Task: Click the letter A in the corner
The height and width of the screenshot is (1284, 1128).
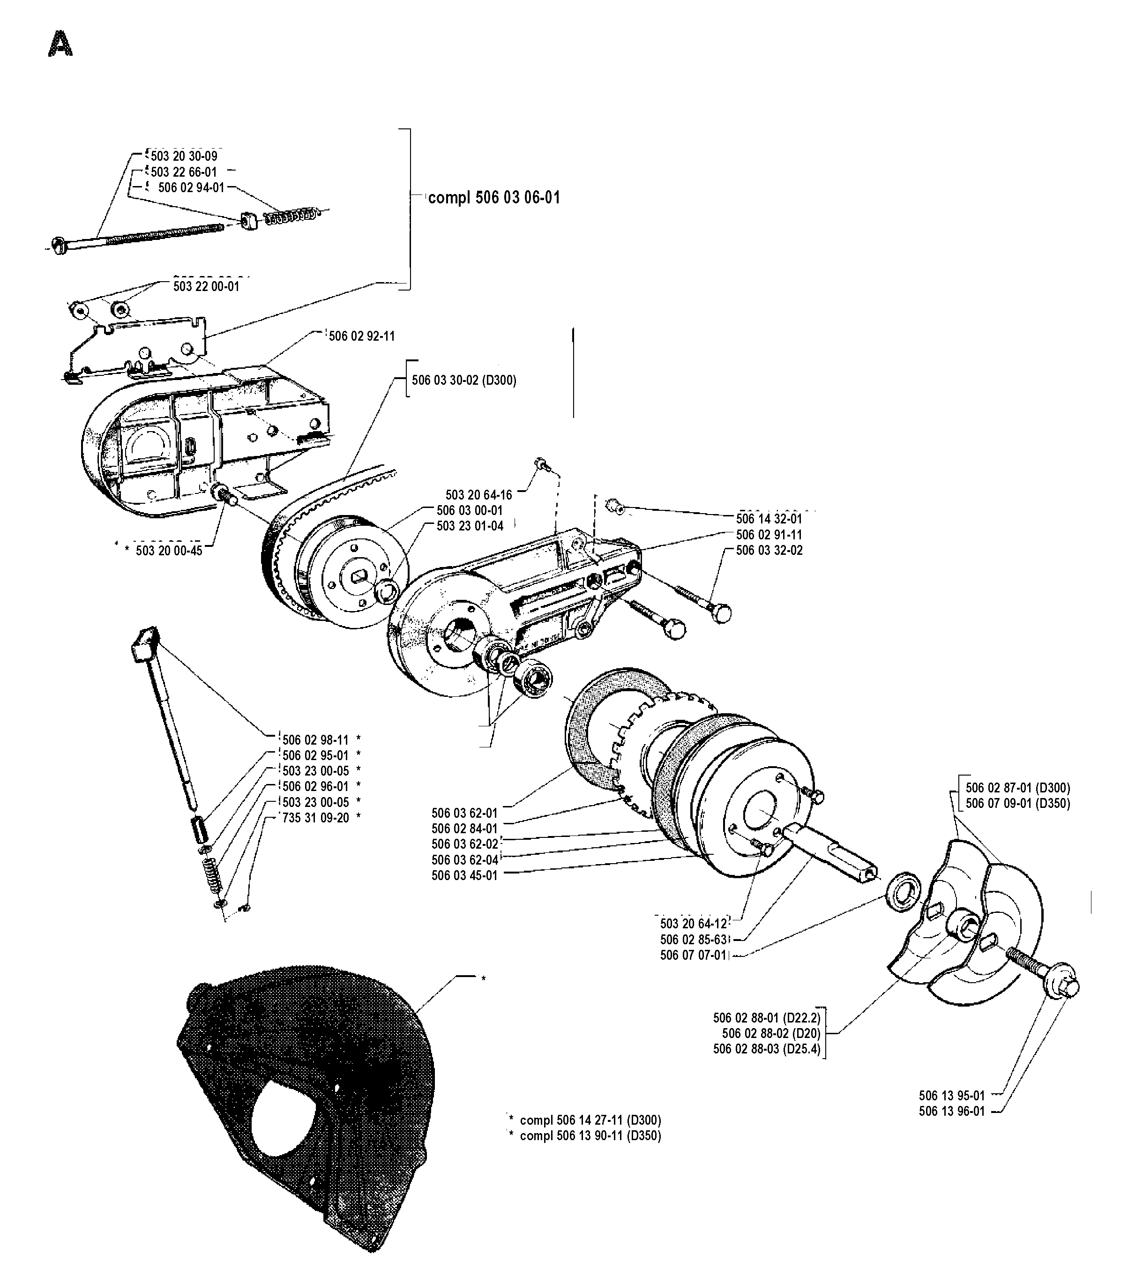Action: pyautogui.click(x=60, y=44)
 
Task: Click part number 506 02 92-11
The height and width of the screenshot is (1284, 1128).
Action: pyautogui.click(x=362, y=336)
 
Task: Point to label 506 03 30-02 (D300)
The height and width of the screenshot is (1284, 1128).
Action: pyautogui.click(x=464, y=380)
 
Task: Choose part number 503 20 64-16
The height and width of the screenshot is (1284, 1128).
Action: pyautogui.click(x=478, y=495)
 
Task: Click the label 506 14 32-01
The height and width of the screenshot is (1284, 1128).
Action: pyautogui.click(x=769, y=519)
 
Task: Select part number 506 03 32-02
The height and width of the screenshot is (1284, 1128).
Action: pyautogui.click(x=769, y=550)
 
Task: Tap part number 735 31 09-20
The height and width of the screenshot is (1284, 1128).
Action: pyautogui.click(x=316, y=817)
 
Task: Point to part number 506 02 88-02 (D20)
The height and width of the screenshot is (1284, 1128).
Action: pyautogui.click(x=771, y=1033)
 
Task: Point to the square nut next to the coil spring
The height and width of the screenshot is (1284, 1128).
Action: pyautogui.click(x=249, y=221)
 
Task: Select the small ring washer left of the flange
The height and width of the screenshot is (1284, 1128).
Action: pyautogui.click(x=903, y=891)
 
